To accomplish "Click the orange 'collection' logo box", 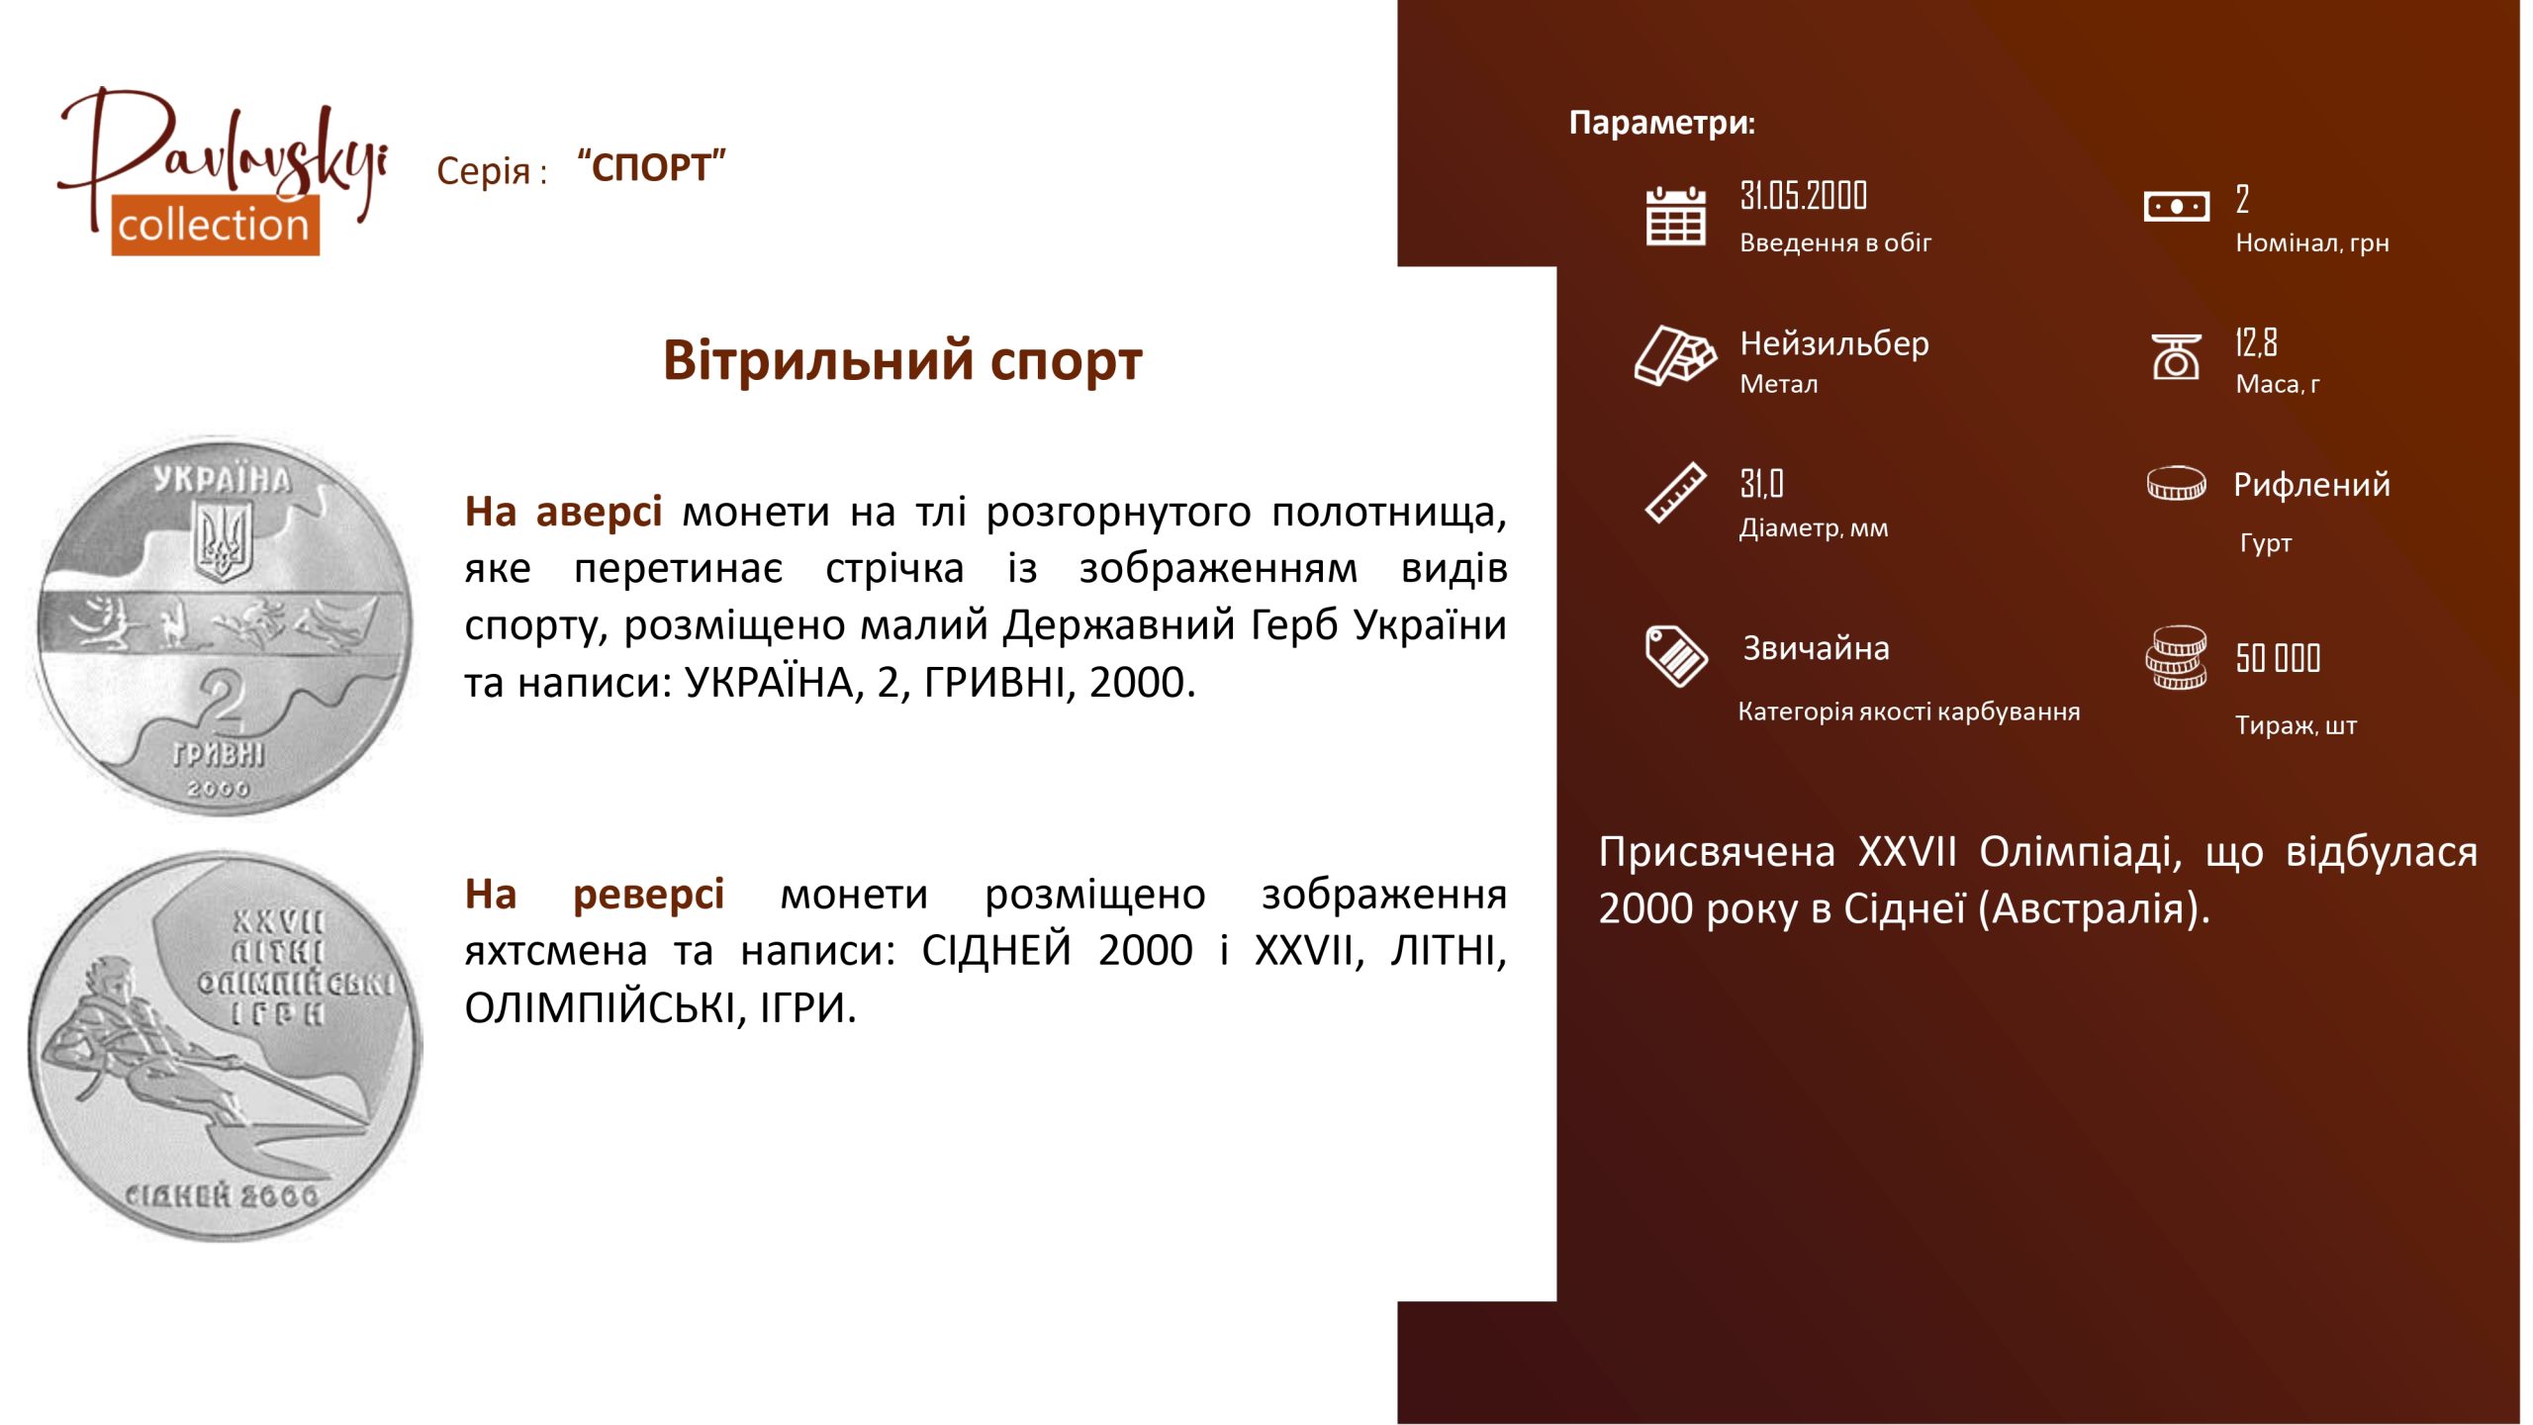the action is [215, 226].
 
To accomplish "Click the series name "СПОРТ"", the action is [652, 167].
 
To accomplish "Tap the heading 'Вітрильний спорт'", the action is [902, 360].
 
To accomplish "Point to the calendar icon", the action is [1675, 216].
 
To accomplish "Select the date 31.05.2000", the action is [1803, 196].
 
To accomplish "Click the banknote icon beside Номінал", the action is [2176, 207].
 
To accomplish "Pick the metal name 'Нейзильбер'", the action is [1834, 343].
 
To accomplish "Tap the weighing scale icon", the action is [2177, 357].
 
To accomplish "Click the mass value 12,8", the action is [2256, 342].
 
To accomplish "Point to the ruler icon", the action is [1675, 492].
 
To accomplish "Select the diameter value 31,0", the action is [1761, 484].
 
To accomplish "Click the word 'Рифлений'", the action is [2311, 485].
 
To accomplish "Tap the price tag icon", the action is [1676, 655].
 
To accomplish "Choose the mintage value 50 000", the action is [2278, 658].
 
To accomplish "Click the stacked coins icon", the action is [2176, 657].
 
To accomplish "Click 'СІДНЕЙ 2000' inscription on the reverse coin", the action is [222, 1195].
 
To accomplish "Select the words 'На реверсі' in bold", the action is [595, 894].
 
